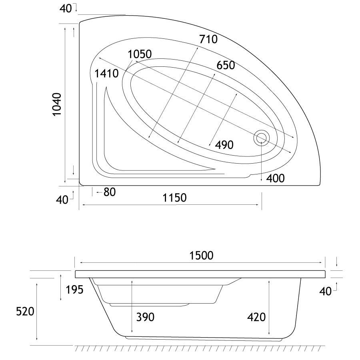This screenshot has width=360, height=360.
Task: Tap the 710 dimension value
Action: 208,39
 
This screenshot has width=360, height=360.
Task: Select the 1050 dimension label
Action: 140,54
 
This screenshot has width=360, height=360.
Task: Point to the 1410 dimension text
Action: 106,74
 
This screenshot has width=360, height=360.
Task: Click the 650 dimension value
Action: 226,65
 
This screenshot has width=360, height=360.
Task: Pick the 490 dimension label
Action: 224,145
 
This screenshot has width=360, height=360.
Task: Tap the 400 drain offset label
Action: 275,178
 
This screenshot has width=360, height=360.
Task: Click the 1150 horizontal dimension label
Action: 174,198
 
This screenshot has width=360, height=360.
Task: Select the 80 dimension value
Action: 110,192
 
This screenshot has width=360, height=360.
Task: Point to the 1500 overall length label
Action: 201,256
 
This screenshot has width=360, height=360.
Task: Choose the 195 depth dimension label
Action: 74,290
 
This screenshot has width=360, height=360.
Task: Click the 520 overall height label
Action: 25,312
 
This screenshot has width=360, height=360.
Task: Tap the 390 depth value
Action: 145,317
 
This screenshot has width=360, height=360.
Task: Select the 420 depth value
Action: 256,317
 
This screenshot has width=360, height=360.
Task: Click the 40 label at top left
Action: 66,9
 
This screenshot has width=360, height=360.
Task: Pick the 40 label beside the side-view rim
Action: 326,291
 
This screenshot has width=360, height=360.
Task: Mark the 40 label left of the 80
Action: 62,200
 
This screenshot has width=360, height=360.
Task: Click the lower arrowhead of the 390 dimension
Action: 132,331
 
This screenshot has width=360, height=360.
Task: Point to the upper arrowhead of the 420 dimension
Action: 269,282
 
